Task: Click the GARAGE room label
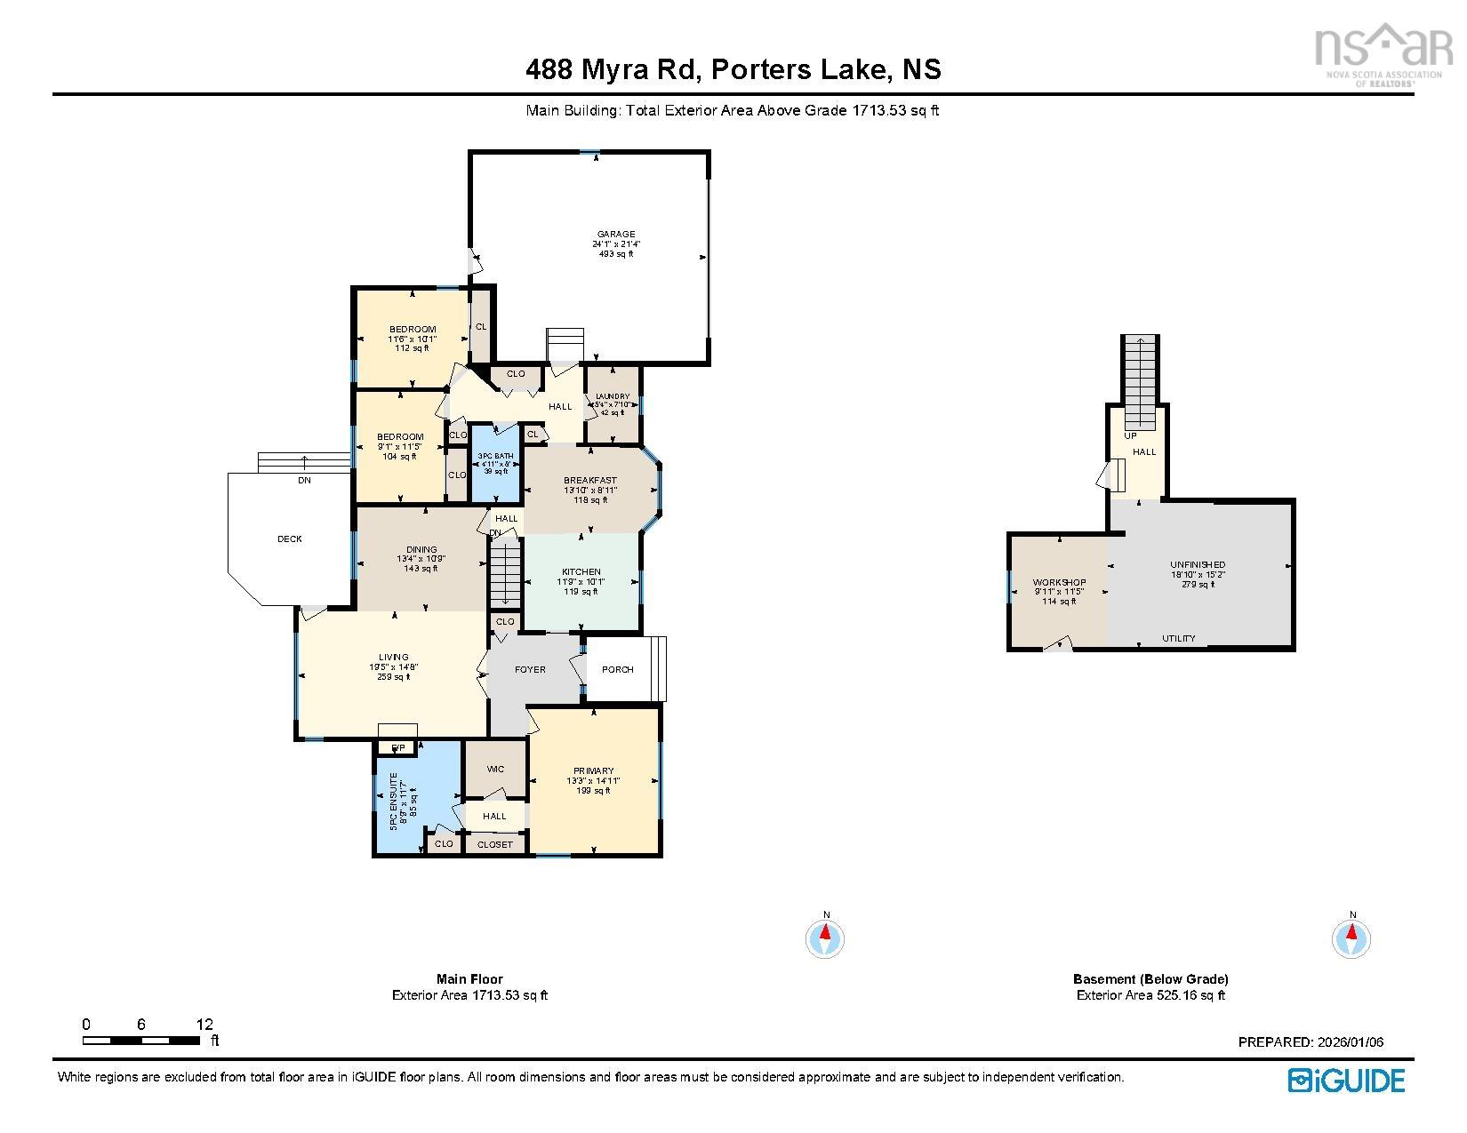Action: click(615, 235)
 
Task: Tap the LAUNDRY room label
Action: click(613, 396)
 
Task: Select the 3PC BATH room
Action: click(495, 463)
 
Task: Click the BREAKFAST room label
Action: click(589, 480)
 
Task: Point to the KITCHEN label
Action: click(581, 572)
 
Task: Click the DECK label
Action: click(290, 539)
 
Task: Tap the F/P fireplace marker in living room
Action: click(398, 748)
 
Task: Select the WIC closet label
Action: click(495, 770)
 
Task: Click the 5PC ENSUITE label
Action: click(393, 801)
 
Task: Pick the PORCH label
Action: click(617, 669)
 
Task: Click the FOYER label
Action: click(530, 669)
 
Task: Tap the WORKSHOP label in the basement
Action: click(1059, 583)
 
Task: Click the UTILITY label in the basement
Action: click(1179, 638)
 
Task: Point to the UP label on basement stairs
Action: click(1130, 436)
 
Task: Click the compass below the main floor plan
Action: click(825, 938)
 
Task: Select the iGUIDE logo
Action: click(1346, 1080)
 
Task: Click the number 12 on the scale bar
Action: click(204, 1025)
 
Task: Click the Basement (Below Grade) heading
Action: click(1150, 979)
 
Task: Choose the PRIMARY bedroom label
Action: click(593, 771)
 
